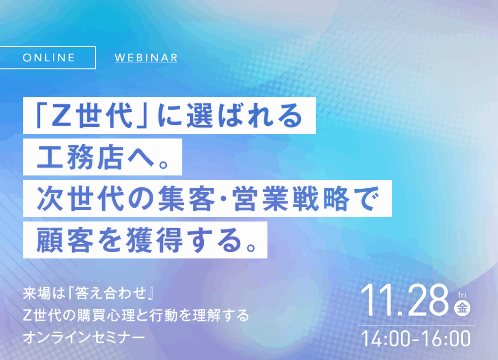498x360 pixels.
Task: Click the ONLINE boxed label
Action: pyautogui.click(x=49, y=57)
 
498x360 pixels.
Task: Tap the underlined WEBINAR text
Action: pyautogui.click(x=146, y=57)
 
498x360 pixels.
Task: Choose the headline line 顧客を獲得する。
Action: pyautogui.click(x=145, y=240)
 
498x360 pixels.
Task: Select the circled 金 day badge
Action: pyautogui.click(x=462, y=308)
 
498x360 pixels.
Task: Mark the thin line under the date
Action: pyautogui.click(x=416, y=325)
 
